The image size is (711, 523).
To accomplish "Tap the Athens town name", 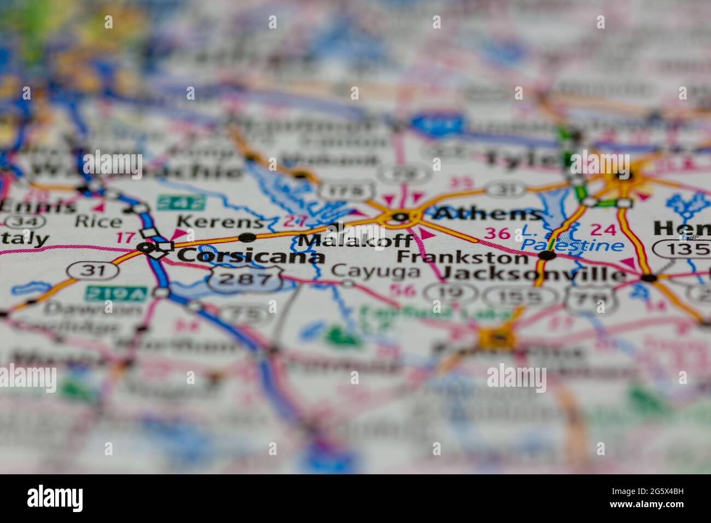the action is point(488,214).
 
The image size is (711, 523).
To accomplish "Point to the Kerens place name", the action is point(220,222).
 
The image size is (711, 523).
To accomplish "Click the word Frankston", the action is point(462,257).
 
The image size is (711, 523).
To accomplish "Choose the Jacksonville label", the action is point(533,274).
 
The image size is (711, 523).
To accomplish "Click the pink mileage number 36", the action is point(497,234).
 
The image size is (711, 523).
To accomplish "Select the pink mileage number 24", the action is point(603,230).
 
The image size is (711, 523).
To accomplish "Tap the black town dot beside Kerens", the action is point(247,237).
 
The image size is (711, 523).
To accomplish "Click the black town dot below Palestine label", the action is point(547,255).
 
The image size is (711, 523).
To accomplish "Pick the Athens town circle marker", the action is point(399,217).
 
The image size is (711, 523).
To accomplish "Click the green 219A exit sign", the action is point(108,293).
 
